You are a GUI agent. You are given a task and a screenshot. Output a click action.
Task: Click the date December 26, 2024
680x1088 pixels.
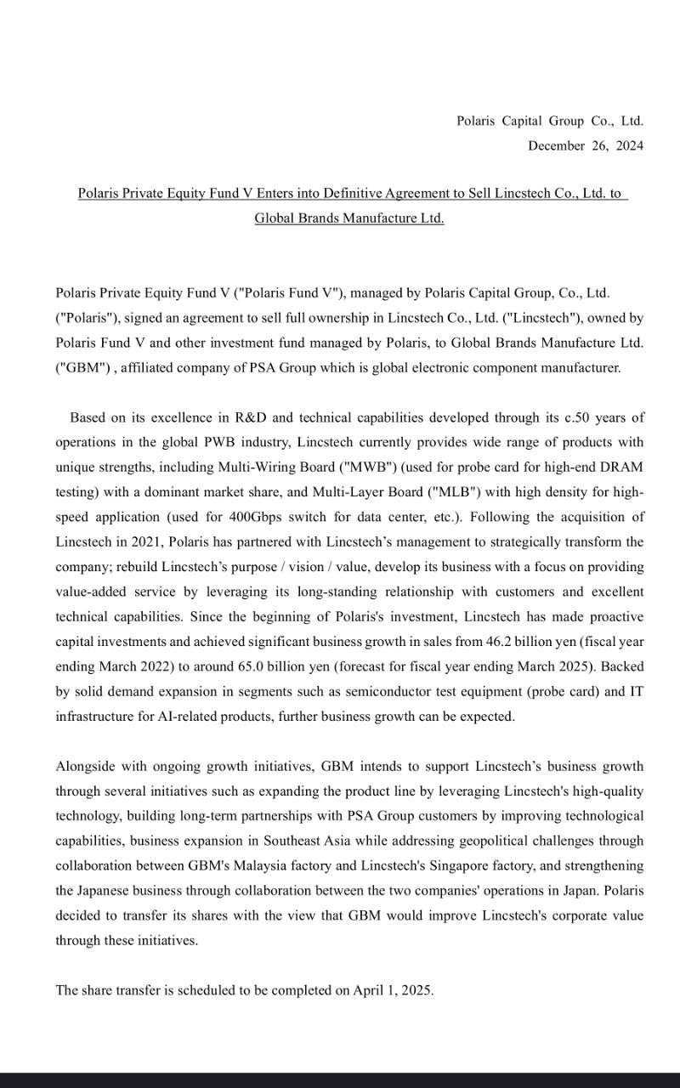pyautogui.click(x=585, y=145)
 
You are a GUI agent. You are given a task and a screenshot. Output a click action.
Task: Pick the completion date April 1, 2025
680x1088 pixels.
pyautogui.click(x=392, y=990)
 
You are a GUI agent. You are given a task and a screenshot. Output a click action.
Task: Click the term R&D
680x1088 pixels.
pyautogui.click(x=252, y=417)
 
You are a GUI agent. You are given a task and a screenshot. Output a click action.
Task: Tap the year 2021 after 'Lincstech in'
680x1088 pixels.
pyautogui.click(x=134, y=541)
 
